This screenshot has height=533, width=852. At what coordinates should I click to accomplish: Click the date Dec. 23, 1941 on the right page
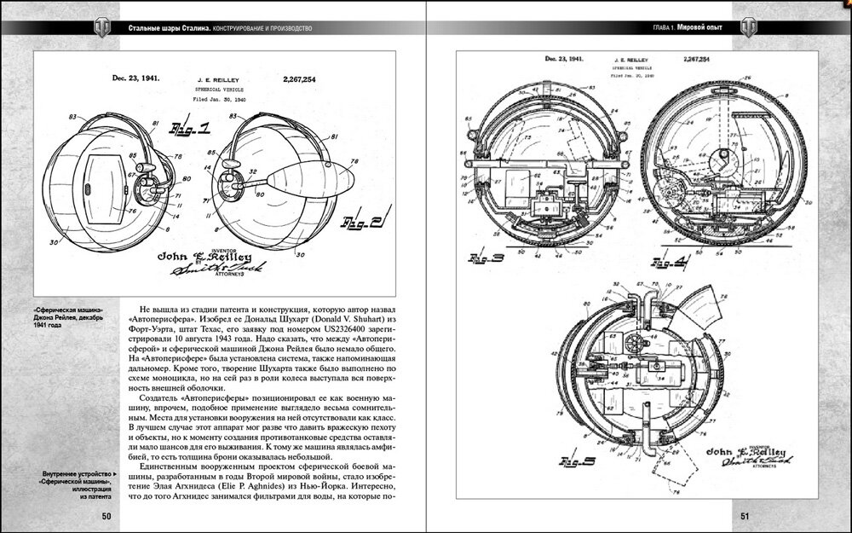pyautogui.click(x=564, y=60)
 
